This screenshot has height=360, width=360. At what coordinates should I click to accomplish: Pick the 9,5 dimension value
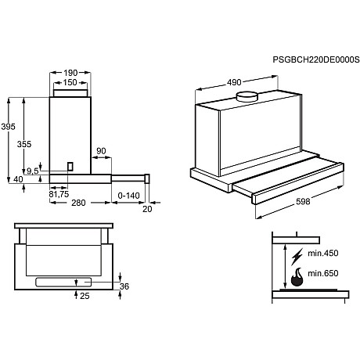coord(32,171)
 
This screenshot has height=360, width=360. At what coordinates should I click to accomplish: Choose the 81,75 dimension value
coord(59,194)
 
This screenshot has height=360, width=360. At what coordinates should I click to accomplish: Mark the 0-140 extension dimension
coord(128,194)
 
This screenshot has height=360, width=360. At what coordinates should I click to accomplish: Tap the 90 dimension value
coord(101,152)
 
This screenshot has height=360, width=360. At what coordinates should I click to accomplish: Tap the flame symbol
coord(297,276)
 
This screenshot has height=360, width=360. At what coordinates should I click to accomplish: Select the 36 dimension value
coord(124,286)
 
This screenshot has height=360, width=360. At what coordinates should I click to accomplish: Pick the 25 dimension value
coord(85,295)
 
